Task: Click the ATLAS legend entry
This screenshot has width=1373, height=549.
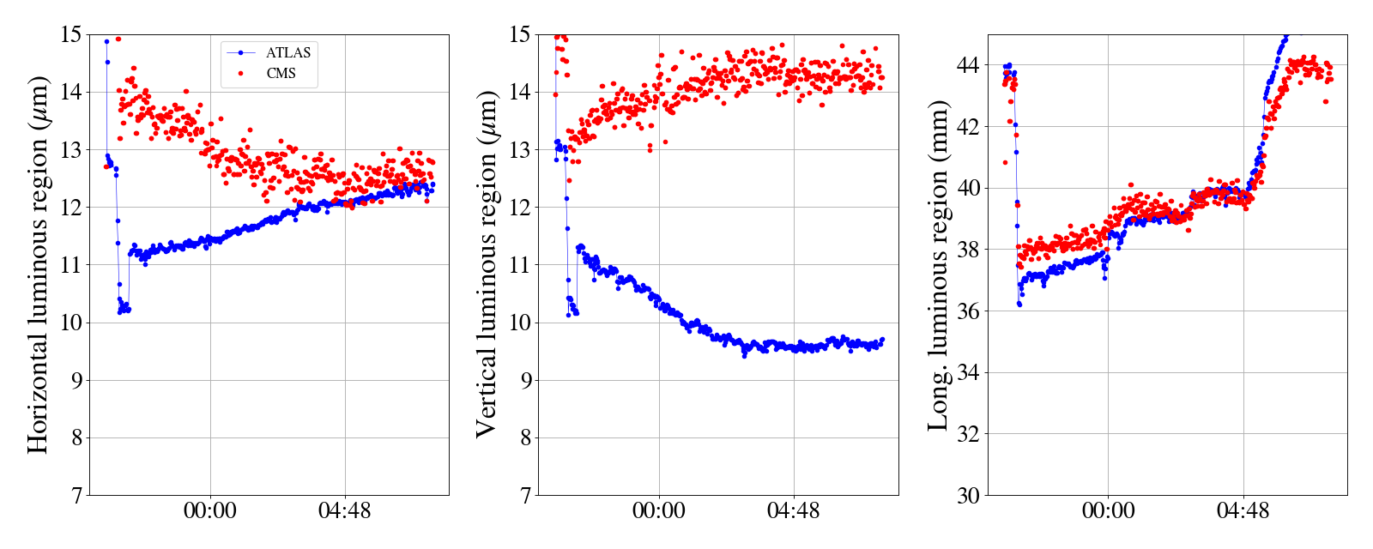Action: tap(288, 53)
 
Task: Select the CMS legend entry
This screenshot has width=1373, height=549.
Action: tap(281, 74)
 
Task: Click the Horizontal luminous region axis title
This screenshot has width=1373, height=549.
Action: tap(38, 264)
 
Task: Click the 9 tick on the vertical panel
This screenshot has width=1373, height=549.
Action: tap(524, 380)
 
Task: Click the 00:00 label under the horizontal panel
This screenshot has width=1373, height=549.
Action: tap(210, 511)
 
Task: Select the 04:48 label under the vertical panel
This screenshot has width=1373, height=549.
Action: tap(793, 511)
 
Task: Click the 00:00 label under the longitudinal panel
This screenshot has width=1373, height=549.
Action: tap(1108, 511)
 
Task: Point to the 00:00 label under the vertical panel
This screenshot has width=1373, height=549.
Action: tap(659, 511)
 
